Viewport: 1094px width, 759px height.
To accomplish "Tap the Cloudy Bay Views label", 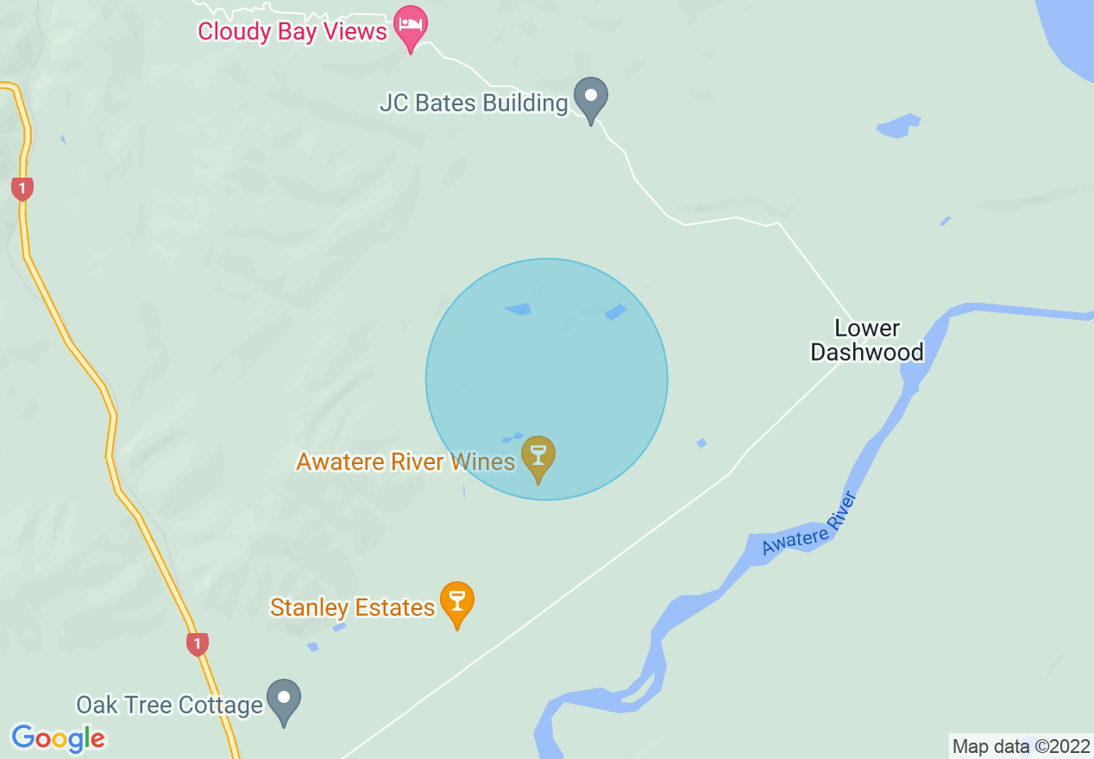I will pyautogui.click(x=292, y=32).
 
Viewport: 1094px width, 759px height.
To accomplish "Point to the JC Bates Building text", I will pyautogui.click(x=473, y=103).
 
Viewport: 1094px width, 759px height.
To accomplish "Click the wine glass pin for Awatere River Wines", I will pyautogui.click(x=539, y=456).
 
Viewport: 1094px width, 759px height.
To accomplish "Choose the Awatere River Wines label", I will pyautogui.click(x=405, y=461).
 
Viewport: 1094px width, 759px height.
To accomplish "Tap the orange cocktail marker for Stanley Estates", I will pyautogui.click(x=456, y=601).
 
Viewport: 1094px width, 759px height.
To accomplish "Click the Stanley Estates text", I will pyautogui.click(x=352, y=608).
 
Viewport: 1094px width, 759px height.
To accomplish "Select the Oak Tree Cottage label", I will pyautogui.click(x=169, y=706).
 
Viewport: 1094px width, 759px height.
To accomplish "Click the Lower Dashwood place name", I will pyautogui.click(x=867, y=340).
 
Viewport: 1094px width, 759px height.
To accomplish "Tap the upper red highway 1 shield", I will pyautogui.click(x=22, y=188).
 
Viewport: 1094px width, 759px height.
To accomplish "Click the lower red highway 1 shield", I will pyautogui.click(x=198, y=643).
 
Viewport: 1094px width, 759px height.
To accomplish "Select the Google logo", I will pyautogui.click(x=58, y=738).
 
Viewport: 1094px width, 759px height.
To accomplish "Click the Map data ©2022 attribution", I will pyautogui.click(x=1021, y=746).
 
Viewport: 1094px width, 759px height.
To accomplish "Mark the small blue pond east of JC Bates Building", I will pyautogui.click(x=898, y=126).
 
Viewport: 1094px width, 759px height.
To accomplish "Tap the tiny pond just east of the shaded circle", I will pyautogui.click(x=701, y=443).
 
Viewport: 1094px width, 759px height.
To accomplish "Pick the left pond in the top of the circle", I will pyautogui.click(x=518, y=309).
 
